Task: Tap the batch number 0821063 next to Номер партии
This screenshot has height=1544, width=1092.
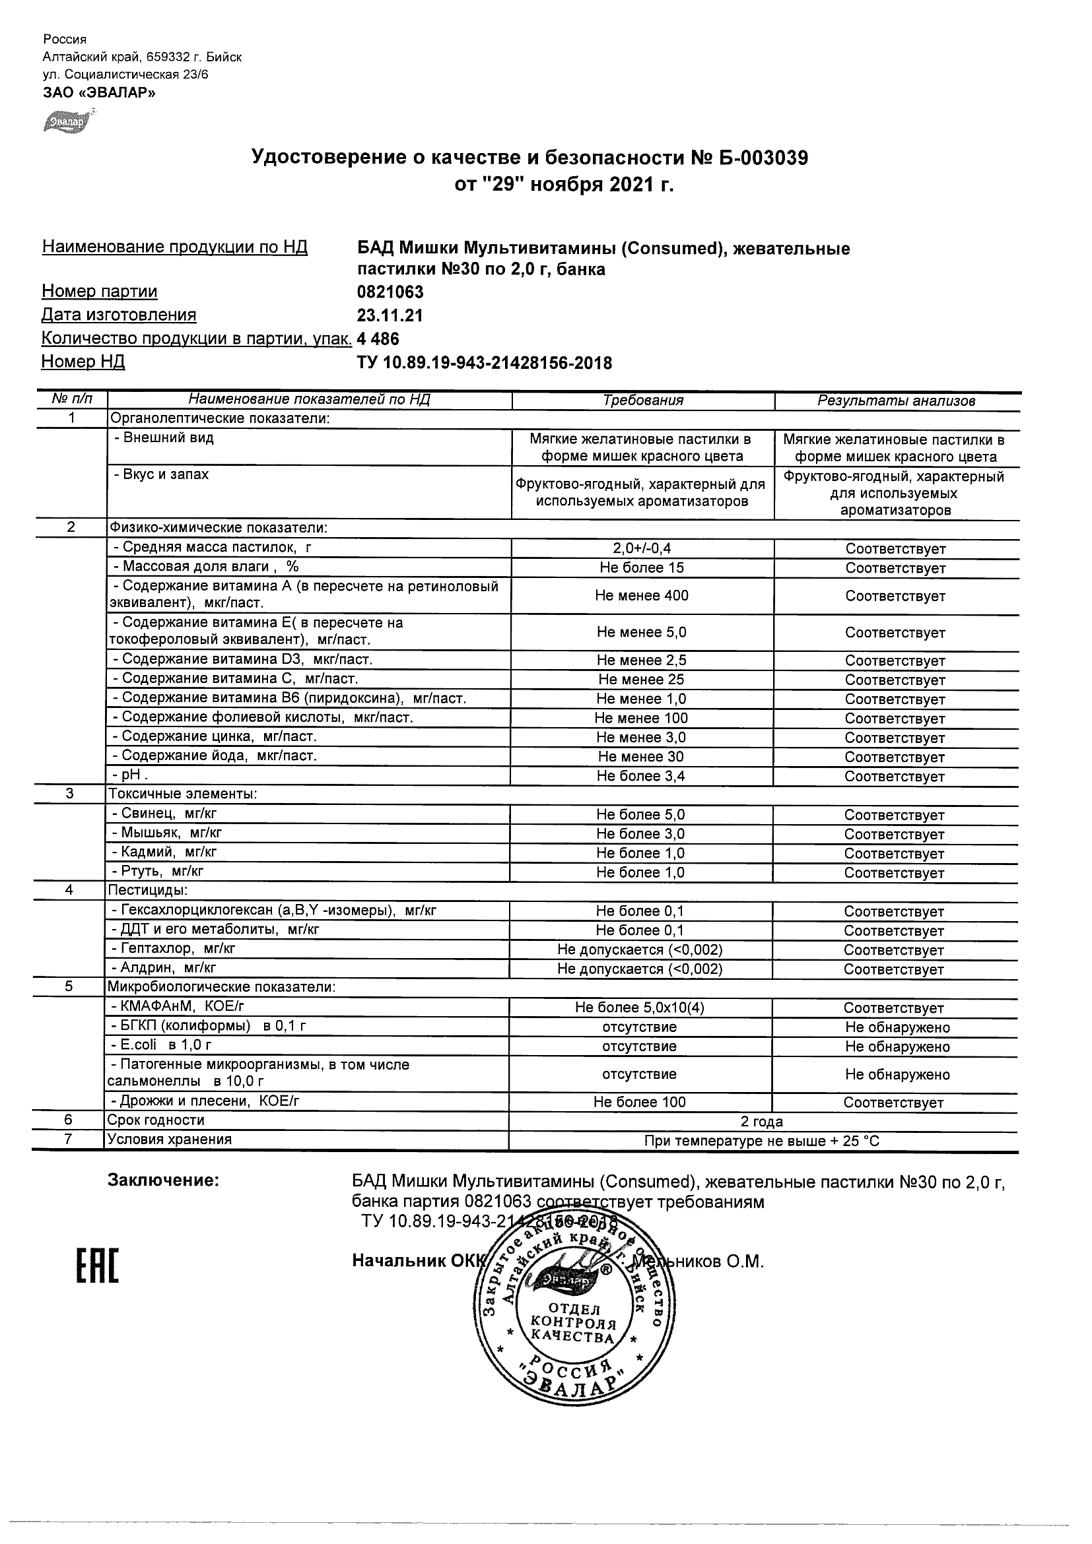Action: tap(390, 292)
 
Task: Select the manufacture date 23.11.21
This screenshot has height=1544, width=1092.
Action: tap(390, 315)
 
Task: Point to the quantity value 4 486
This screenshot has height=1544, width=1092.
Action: tap(378, 339)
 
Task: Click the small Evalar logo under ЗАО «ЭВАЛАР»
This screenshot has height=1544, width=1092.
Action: tap(65, 121)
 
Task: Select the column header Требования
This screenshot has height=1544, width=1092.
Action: tap(643, 401)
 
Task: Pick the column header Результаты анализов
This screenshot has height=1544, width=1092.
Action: tap(896, 401)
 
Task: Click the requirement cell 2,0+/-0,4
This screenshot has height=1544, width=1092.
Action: tap(642, 549)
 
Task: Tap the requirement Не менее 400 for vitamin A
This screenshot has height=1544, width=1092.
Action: tap(642, 596)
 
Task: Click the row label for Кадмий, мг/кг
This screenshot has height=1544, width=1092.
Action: tap(164, 852)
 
